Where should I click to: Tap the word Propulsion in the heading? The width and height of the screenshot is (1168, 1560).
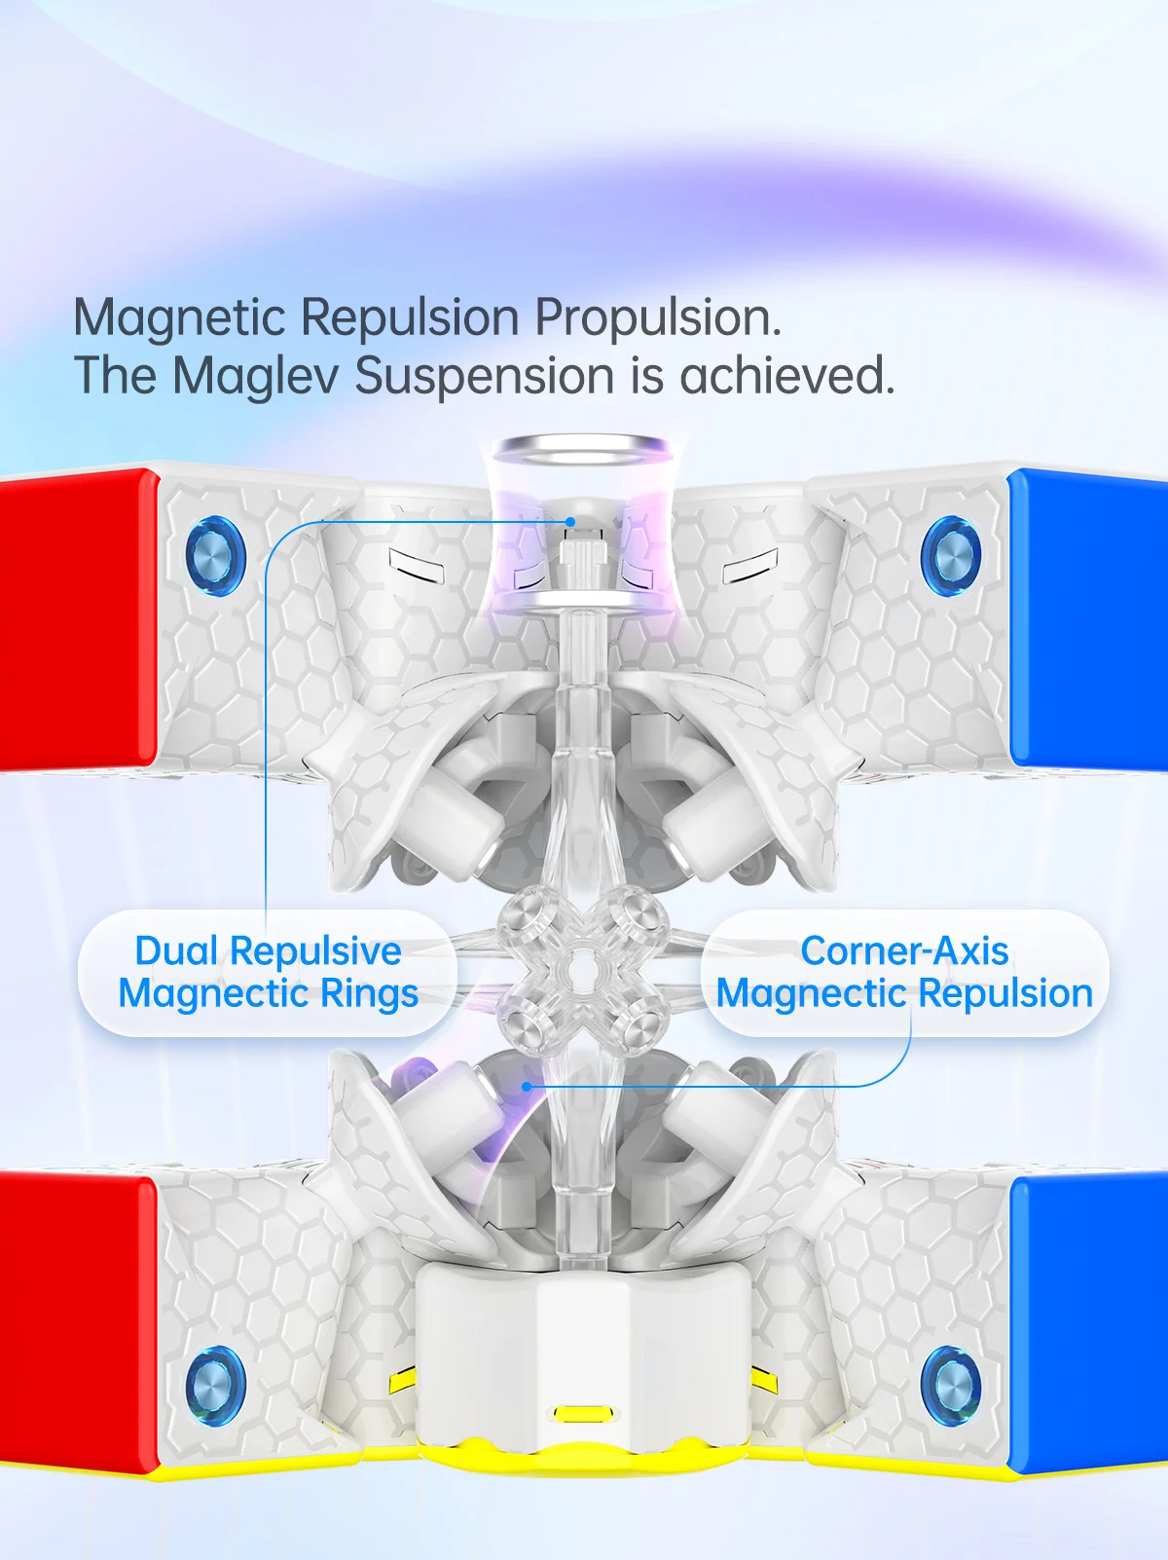[x=657, y=317]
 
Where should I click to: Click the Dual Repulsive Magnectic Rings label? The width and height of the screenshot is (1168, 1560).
[x=268, y=972]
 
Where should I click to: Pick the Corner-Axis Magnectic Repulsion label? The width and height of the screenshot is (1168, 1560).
[x=904, y=972]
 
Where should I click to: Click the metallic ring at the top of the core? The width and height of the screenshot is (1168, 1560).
[x=581, y=451]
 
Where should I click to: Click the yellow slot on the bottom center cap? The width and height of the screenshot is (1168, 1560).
[x=582, y=1413]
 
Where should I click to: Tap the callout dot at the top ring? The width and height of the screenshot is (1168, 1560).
[x=571, y=522]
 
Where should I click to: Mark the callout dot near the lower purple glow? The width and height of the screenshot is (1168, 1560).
[x=527, y=1086]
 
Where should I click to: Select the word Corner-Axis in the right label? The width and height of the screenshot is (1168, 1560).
[x=904, y=951]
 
